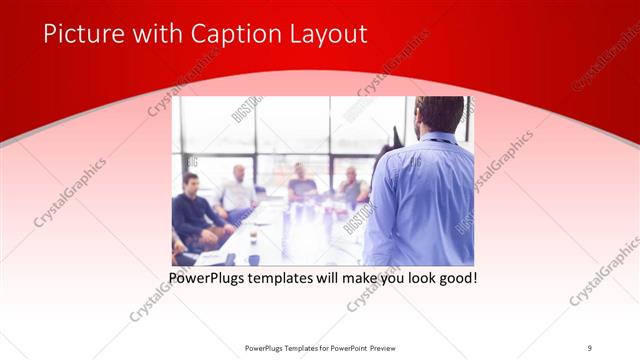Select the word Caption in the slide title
[x=223, y=35]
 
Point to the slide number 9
[x=589, y=347]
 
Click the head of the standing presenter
[x=437, y=114]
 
